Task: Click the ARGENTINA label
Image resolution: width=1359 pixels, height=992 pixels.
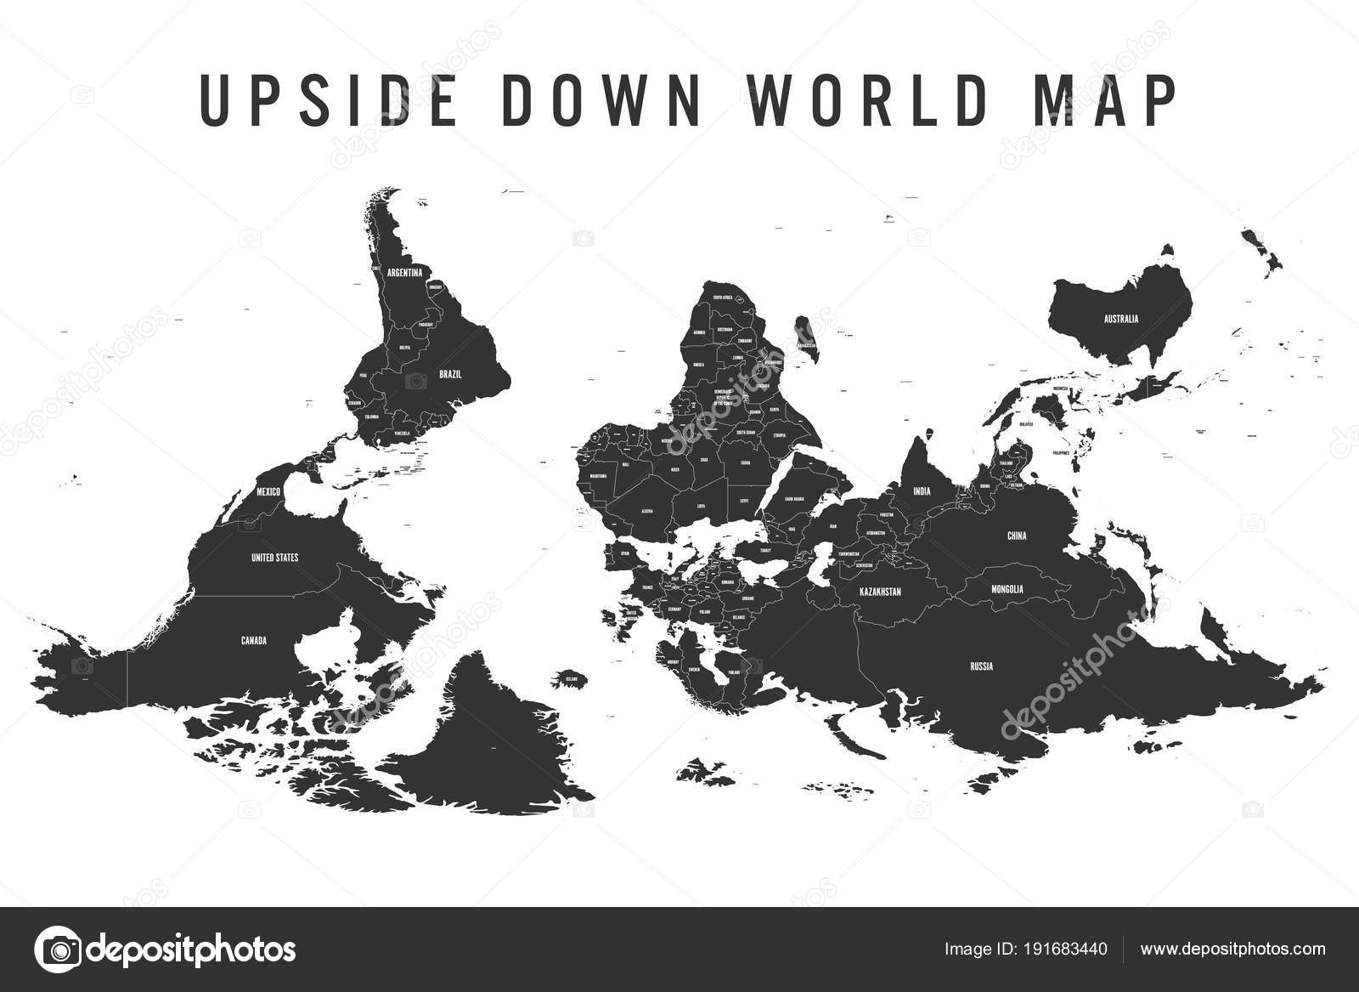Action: [404, 273]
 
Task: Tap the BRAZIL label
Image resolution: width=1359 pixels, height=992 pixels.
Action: [449, 373]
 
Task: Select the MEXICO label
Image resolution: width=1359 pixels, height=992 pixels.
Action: [268, 491]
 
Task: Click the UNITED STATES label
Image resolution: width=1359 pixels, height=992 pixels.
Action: [274, 558]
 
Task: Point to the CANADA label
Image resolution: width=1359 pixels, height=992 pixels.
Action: [254, 641]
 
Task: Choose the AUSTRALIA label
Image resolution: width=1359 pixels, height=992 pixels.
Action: [1120, 320]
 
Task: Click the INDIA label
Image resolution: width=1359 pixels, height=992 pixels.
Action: [922, 491]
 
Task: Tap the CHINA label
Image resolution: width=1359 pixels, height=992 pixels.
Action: [1017, 536]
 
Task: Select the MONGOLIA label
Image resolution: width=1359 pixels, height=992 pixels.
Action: [1007, 588]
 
